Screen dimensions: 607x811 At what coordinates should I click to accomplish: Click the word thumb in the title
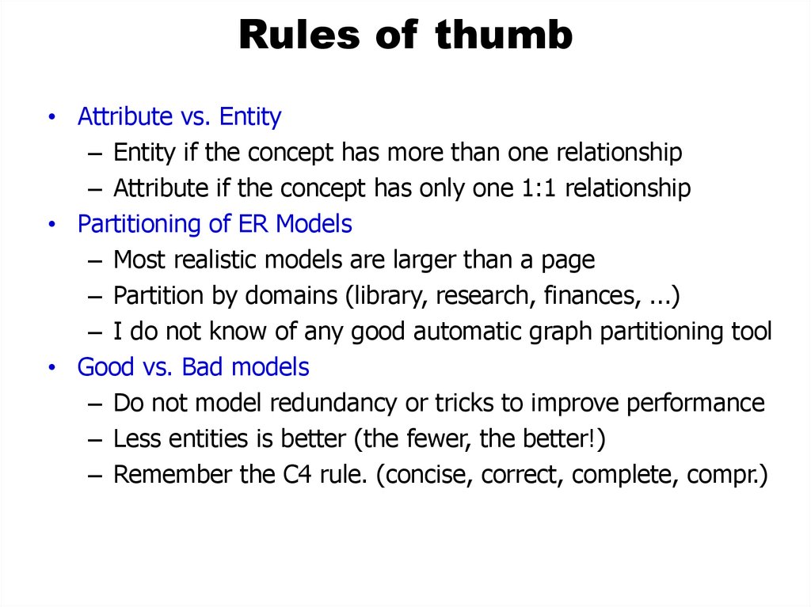pos(504,36)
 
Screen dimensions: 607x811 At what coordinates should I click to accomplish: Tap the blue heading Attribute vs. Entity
pos(179,117)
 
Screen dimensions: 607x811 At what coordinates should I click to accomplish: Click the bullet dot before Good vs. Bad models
pos(51,368)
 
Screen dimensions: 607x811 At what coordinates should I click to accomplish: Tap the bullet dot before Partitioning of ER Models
pos(51,225)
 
